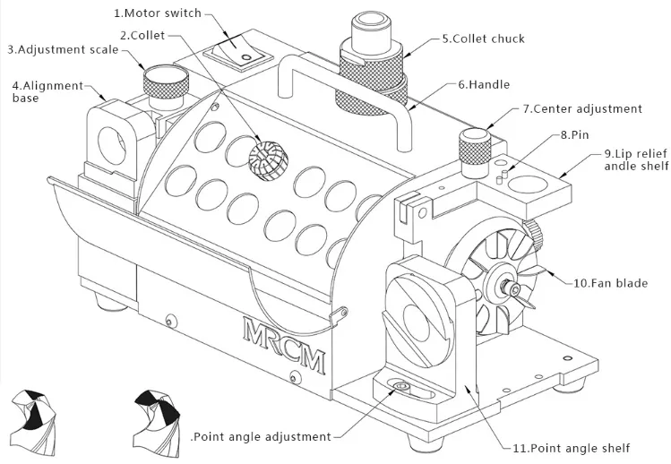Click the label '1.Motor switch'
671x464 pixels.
click(x=158, y=14)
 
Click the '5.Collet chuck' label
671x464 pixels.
click(x=483, y=39)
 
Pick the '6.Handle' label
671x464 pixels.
click(x=484, y=84)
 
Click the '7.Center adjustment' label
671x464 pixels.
click(x=582, y=109)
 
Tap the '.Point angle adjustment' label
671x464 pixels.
click(x=261, y=436)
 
